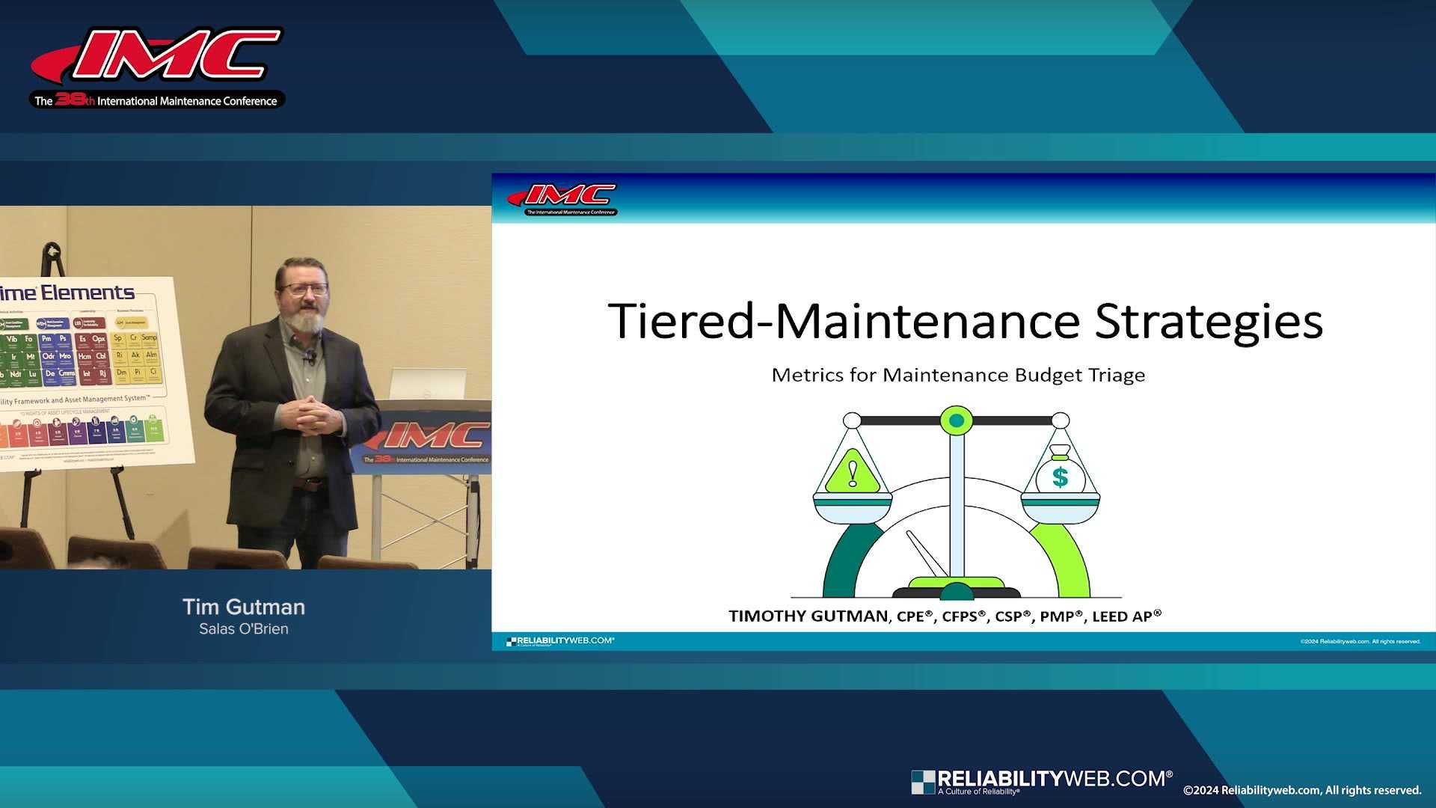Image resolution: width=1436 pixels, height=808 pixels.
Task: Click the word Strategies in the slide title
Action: click(1209, 322)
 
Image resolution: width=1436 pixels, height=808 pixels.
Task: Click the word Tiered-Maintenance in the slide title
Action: click(844, 322)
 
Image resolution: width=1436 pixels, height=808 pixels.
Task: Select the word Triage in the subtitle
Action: click(1115, 375)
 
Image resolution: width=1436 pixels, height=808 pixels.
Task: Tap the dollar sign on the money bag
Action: click(1060, 477)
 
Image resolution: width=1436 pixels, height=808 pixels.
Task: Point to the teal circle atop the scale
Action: click(956, 421)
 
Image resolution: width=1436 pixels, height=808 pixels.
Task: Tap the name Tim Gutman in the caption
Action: click(244, 607)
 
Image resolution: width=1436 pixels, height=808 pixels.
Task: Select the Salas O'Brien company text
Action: click(244, 629)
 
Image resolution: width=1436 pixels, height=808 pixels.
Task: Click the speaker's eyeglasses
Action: click(302, 289)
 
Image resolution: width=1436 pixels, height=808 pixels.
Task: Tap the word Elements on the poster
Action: click(88, 293)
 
